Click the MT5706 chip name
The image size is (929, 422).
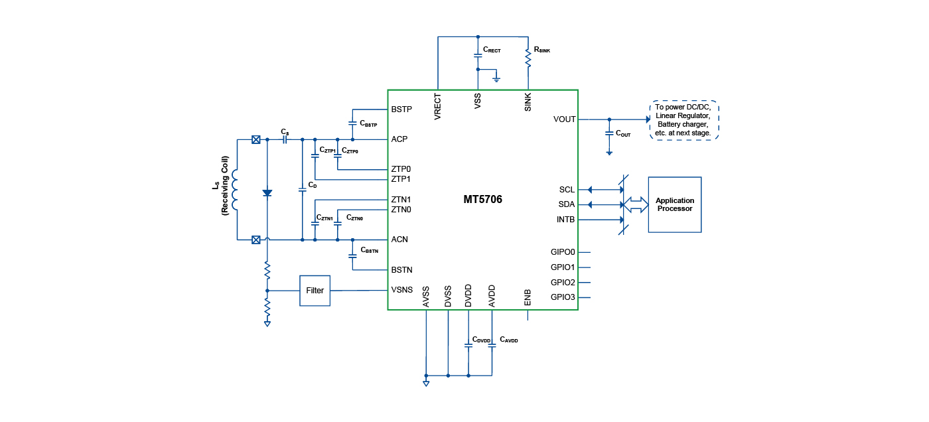coord(482,199)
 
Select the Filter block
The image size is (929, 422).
coord(315,291)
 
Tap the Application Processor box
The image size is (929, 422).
coord(674,204)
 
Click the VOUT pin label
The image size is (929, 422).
coord(564,119)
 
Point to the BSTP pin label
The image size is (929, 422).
coord(401,109)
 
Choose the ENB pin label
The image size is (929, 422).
coord(528,297)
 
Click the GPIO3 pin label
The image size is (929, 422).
coord(563,297)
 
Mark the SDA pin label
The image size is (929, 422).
coord(567,204)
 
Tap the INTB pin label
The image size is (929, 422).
coord(565,220)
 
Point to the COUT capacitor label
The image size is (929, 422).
coord(623,133)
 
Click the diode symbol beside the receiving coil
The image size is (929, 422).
coord(267,193)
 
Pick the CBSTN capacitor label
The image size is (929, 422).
coord(369,250)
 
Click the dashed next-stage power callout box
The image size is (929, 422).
coord(683,120)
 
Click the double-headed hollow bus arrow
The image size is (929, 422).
coord(635,205)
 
